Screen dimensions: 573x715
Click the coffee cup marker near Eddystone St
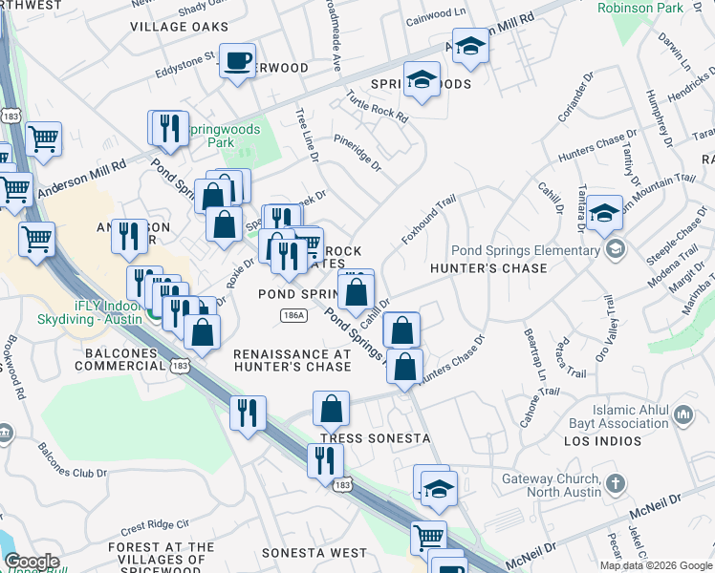coord(237,61)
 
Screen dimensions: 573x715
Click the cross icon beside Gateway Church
coord(616,483)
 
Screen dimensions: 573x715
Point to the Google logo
coord(32,562)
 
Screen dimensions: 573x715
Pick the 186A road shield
coord(294,314)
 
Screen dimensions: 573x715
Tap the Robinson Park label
coord(640,8)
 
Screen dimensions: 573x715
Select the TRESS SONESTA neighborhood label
coord(357,438)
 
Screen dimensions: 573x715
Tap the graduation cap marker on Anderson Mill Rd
coord(470,47)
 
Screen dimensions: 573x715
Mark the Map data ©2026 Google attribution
coord(656,565)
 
